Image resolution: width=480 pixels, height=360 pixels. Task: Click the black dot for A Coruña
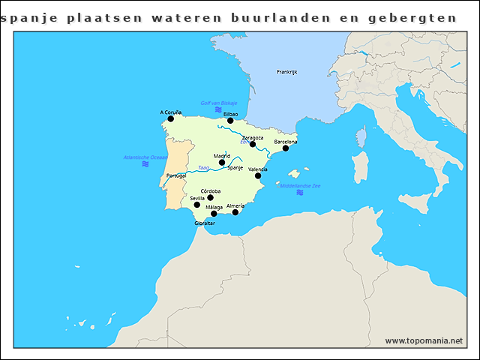tap(170, 118)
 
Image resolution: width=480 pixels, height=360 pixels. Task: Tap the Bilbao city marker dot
tap(230, 120)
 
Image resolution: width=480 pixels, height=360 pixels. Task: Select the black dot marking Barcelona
tap(285, 148)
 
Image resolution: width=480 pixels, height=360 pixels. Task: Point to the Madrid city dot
tap(222, 162)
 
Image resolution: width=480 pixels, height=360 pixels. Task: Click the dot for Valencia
tap(258, 175)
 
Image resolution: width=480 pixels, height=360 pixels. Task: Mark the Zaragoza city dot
tap(253, 144)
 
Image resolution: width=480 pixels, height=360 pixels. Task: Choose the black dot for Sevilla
tap(197, 205)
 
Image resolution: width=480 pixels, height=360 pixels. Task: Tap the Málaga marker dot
tap(214, 214)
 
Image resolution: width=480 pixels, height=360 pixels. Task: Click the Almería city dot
tap(235, 212)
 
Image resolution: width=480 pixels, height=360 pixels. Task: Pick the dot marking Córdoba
tap(210, 198)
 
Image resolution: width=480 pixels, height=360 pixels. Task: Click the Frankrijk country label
tap(287, 72)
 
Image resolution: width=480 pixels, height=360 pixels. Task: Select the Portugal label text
tap(175, 175)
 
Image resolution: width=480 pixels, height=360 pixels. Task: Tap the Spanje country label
tap(235, 167)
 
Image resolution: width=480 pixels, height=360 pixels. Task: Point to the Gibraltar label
tap(205, 223)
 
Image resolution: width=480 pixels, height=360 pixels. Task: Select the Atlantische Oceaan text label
tap(145, 157)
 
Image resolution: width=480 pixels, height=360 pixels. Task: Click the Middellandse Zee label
tap(300, 185)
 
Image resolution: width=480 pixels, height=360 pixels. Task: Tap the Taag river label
tap(202, 167)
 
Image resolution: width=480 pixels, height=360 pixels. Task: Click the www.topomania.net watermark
tap(424, 340)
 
